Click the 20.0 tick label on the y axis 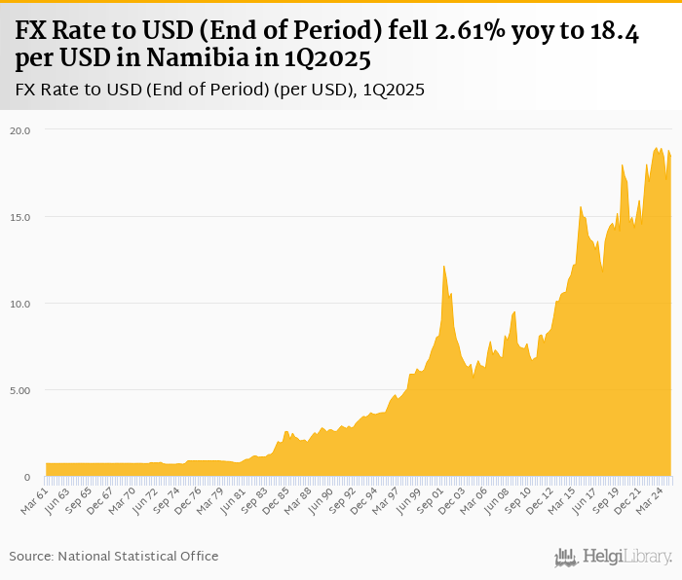[21, 129]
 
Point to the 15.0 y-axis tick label [21, 216]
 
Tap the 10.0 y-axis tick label [21, 304]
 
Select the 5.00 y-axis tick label [21, 390]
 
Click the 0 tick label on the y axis [27, 477]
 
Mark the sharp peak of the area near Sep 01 [443, 266]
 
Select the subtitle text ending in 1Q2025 [219, 91]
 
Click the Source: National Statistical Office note [114, 556]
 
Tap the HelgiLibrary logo [613, 557]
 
